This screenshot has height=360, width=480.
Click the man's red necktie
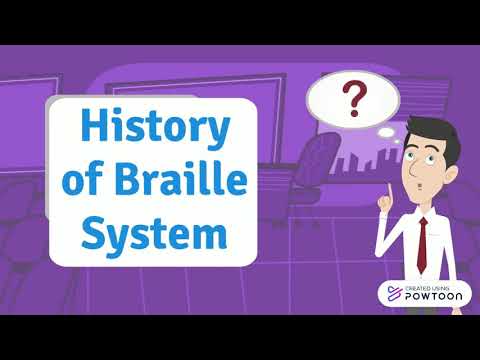click(x=424, y=236)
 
